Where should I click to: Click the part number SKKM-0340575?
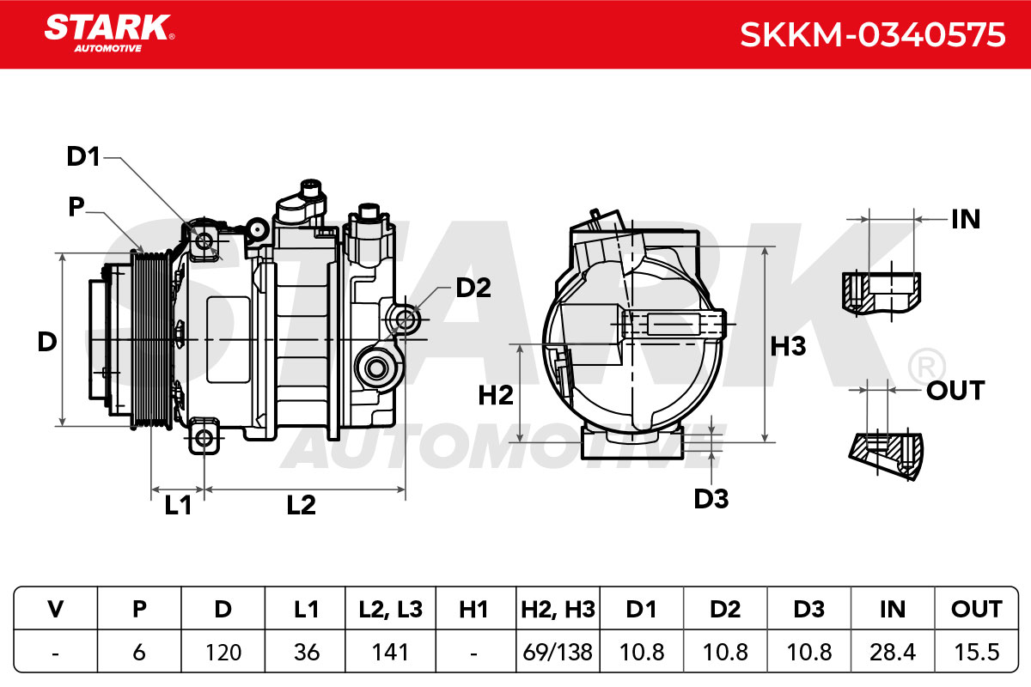(x=872, y=34)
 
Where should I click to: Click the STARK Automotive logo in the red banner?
(x=109, y=33)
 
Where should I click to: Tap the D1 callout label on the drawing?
(x=83, y=156)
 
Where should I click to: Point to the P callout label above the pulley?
(x=76, y=206)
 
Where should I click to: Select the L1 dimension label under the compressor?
(x=178, y=505)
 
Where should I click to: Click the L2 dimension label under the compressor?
(x=301, y=505)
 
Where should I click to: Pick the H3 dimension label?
(x=788, y=346)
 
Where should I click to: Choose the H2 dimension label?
(x=496, y=395)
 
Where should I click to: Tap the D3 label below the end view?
(x=711, y=499)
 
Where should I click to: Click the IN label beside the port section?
(x=966, y=219)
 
